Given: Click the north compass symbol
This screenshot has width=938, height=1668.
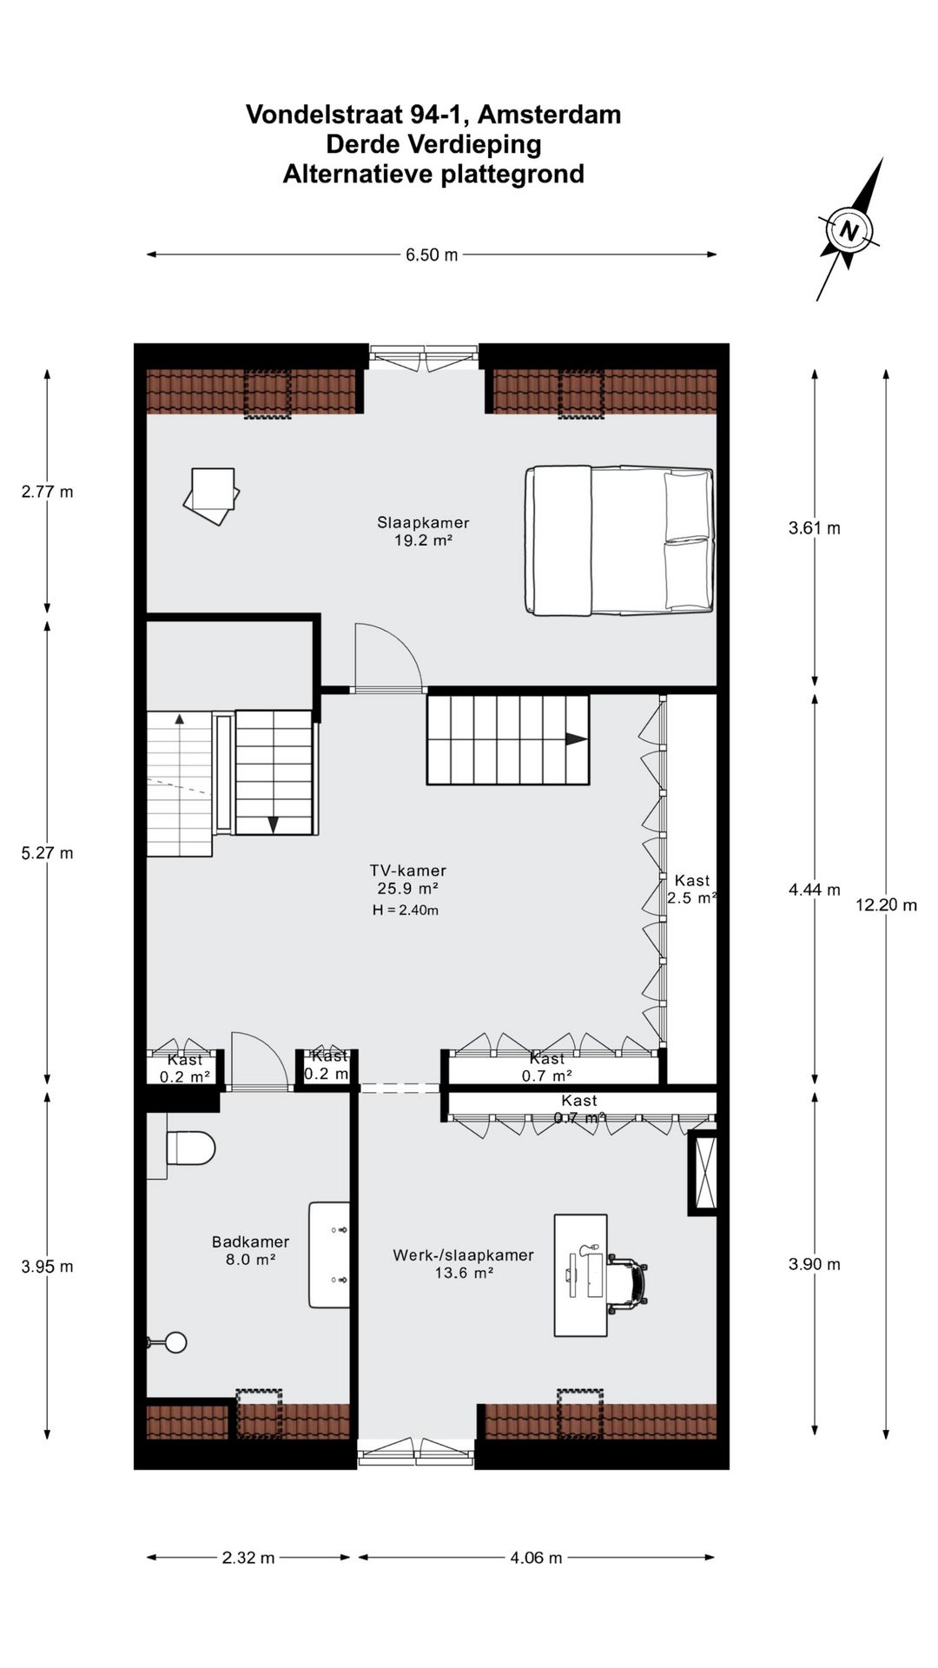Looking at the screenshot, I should (x=849, y=231).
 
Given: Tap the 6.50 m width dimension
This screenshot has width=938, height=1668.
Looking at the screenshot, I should (x=432, y=255).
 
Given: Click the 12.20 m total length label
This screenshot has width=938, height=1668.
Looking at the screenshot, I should (x=886, y=904).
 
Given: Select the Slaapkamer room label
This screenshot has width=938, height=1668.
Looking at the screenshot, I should (x=423, y=523).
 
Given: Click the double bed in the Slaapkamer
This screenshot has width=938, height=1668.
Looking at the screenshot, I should (x=620, y=540).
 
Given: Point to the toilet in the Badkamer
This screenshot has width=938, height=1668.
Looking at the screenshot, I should (x=189, y=1148).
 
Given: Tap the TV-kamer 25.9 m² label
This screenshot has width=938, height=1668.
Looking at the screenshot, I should (x=407, y=879).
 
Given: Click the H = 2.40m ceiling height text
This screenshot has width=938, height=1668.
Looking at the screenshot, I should (x=405, y=910).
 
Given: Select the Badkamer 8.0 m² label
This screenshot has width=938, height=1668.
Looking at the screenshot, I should (x=250, y=1250).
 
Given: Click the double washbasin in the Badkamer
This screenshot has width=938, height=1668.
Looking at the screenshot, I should (x=330, y=1254).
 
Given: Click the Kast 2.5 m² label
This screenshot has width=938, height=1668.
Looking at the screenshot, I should (x=692, y=890).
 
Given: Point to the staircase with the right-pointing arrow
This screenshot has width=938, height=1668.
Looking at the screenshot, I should (x=507, y=739).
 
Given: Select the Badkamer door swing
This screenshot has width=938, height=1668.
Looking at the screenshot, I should (x=258, y=1061).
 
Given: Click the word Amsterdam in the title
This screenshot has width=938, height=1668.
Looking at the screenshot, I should (x=549, y=115).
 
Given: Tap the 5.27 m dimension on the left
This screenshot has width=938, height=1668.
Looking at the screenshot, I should (x=47, y=852).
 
